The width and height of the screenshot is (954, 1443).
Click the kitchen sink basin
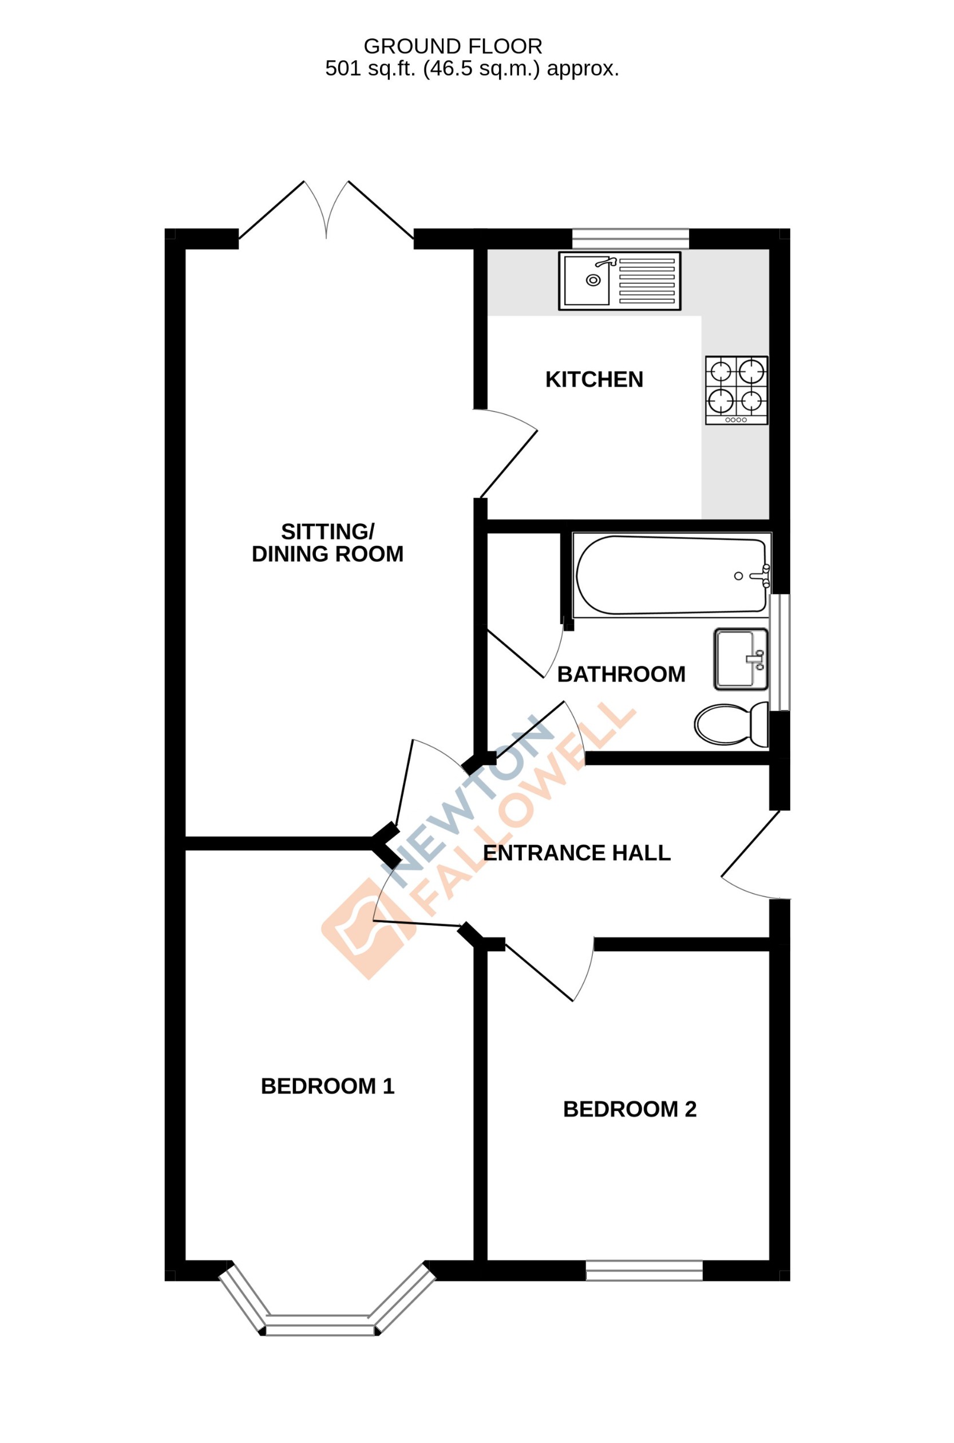pyautogui.click(x=587, y=281)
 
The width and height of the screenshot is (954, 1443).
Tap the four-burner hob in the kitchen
pyautogui.click(x=736, y=390)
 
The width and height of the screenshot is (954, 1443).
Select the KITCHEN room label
pyautogui.click(x=594, y=380)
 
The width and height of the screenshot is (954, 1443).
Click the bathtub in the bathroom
pyautogui.click(x=671, y=575)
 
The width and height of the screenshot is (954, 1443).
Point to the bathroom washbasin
pyautogui.click(x=741, y=659)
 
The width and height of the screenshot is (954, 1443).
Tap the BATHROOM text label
pyautogui.click(x=621, y=675)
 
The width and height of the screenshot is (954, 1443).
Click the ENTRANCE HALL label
pyautogui.click(x=576, y=853)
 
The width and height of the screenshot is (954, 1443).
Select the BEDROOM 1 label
pyautogui.click(x=327, y=1086)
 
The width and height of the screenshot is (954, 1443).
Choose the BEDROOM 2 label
pyautogui.click(x=629, y=1109)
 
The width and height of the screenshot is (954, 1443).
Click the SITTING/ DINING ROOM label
pyautogui.click(x=327, y=543)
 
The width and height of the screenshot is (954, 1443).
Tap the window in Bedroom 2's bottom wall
pyautogui.click(x=644, y=1271)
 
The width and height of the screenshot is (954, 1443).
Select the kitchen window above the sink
pyautogui.click(x=630, y=239)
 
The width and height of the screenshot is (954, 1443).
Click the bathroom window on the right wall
pyautogui.click(x=779, y=652)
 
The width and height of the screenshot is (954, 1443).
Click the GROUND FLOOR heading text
pyautogui.click(x=453, y=46)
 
